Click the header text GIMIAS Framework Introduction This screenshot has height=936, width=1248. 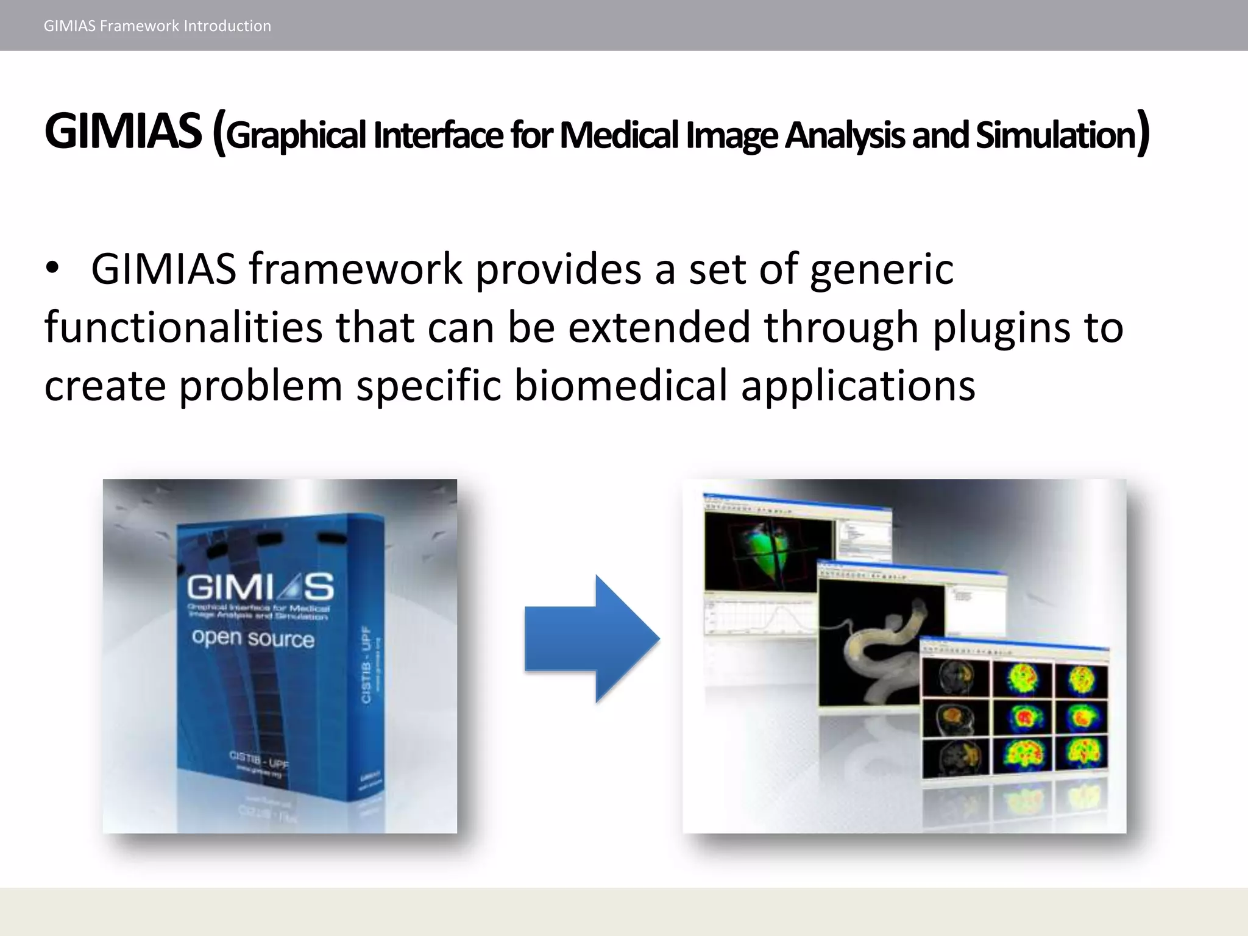[157, 26]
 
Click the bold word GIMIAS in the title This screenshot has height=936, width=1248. [122, 132]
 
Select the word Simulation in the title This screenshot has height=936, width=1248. [1055, 135]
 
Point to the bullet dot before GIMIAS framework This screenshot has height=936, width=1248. [53, 269]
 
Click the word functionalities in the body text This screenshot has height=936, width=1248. [183, 327]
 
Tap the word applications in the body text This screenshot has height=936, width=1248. [857, 386]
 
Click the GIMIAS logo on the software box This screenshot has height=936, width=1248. [260, 587]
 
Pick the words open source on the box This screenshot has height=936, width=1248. [253, 638]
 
